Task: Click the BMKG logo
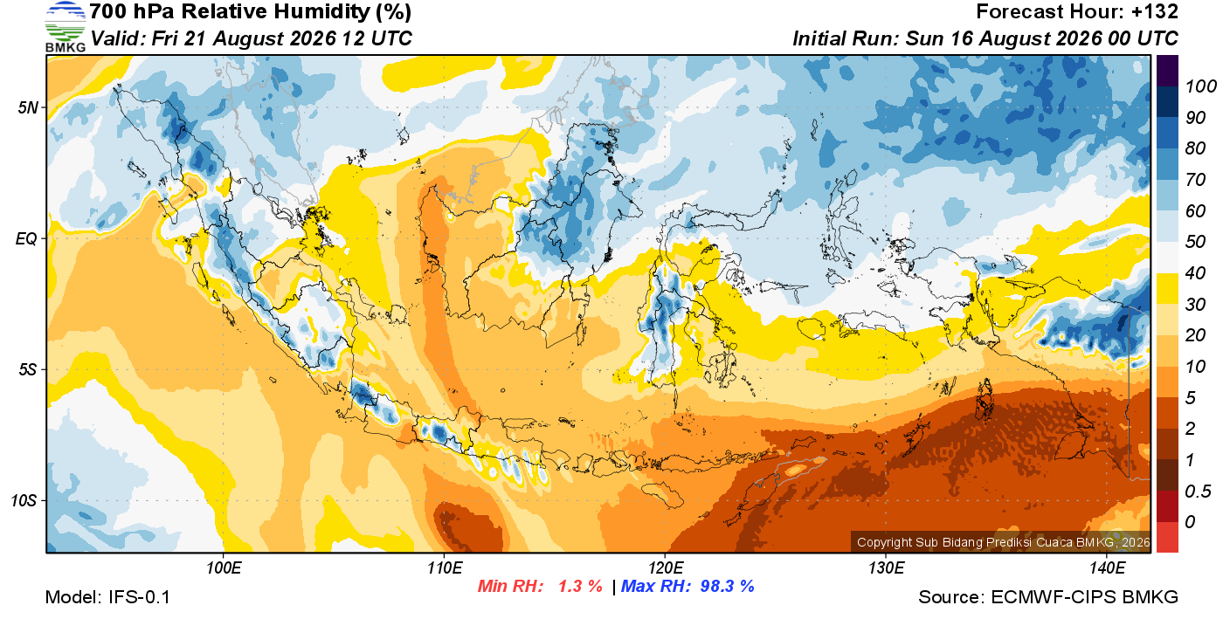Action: [66, 26]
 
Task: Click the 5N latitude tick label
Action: [28, 107]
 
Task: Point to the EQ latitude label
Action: [26, 238]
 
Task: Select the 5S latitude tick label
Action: [28, 369]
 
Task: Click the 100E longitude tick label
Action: [224, 568]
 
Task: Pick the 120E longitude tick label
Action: [666, 568]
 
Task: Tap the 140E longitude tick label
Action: [1107, 568]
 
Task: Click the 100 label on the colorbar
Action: [1200, 86]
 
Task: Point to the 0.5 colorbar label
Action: [1198, 492]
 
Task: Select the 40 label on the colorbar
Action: [1195, 273]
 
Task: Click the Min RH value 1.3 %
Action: [580, 586]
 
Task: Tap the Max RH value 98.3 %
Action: [727, 586]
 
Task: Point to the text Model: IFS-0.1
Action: [107, 597]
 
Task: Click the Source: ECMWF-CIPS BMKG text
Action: [1048, 597]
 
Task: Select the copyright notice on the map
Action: [1003, 542]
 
